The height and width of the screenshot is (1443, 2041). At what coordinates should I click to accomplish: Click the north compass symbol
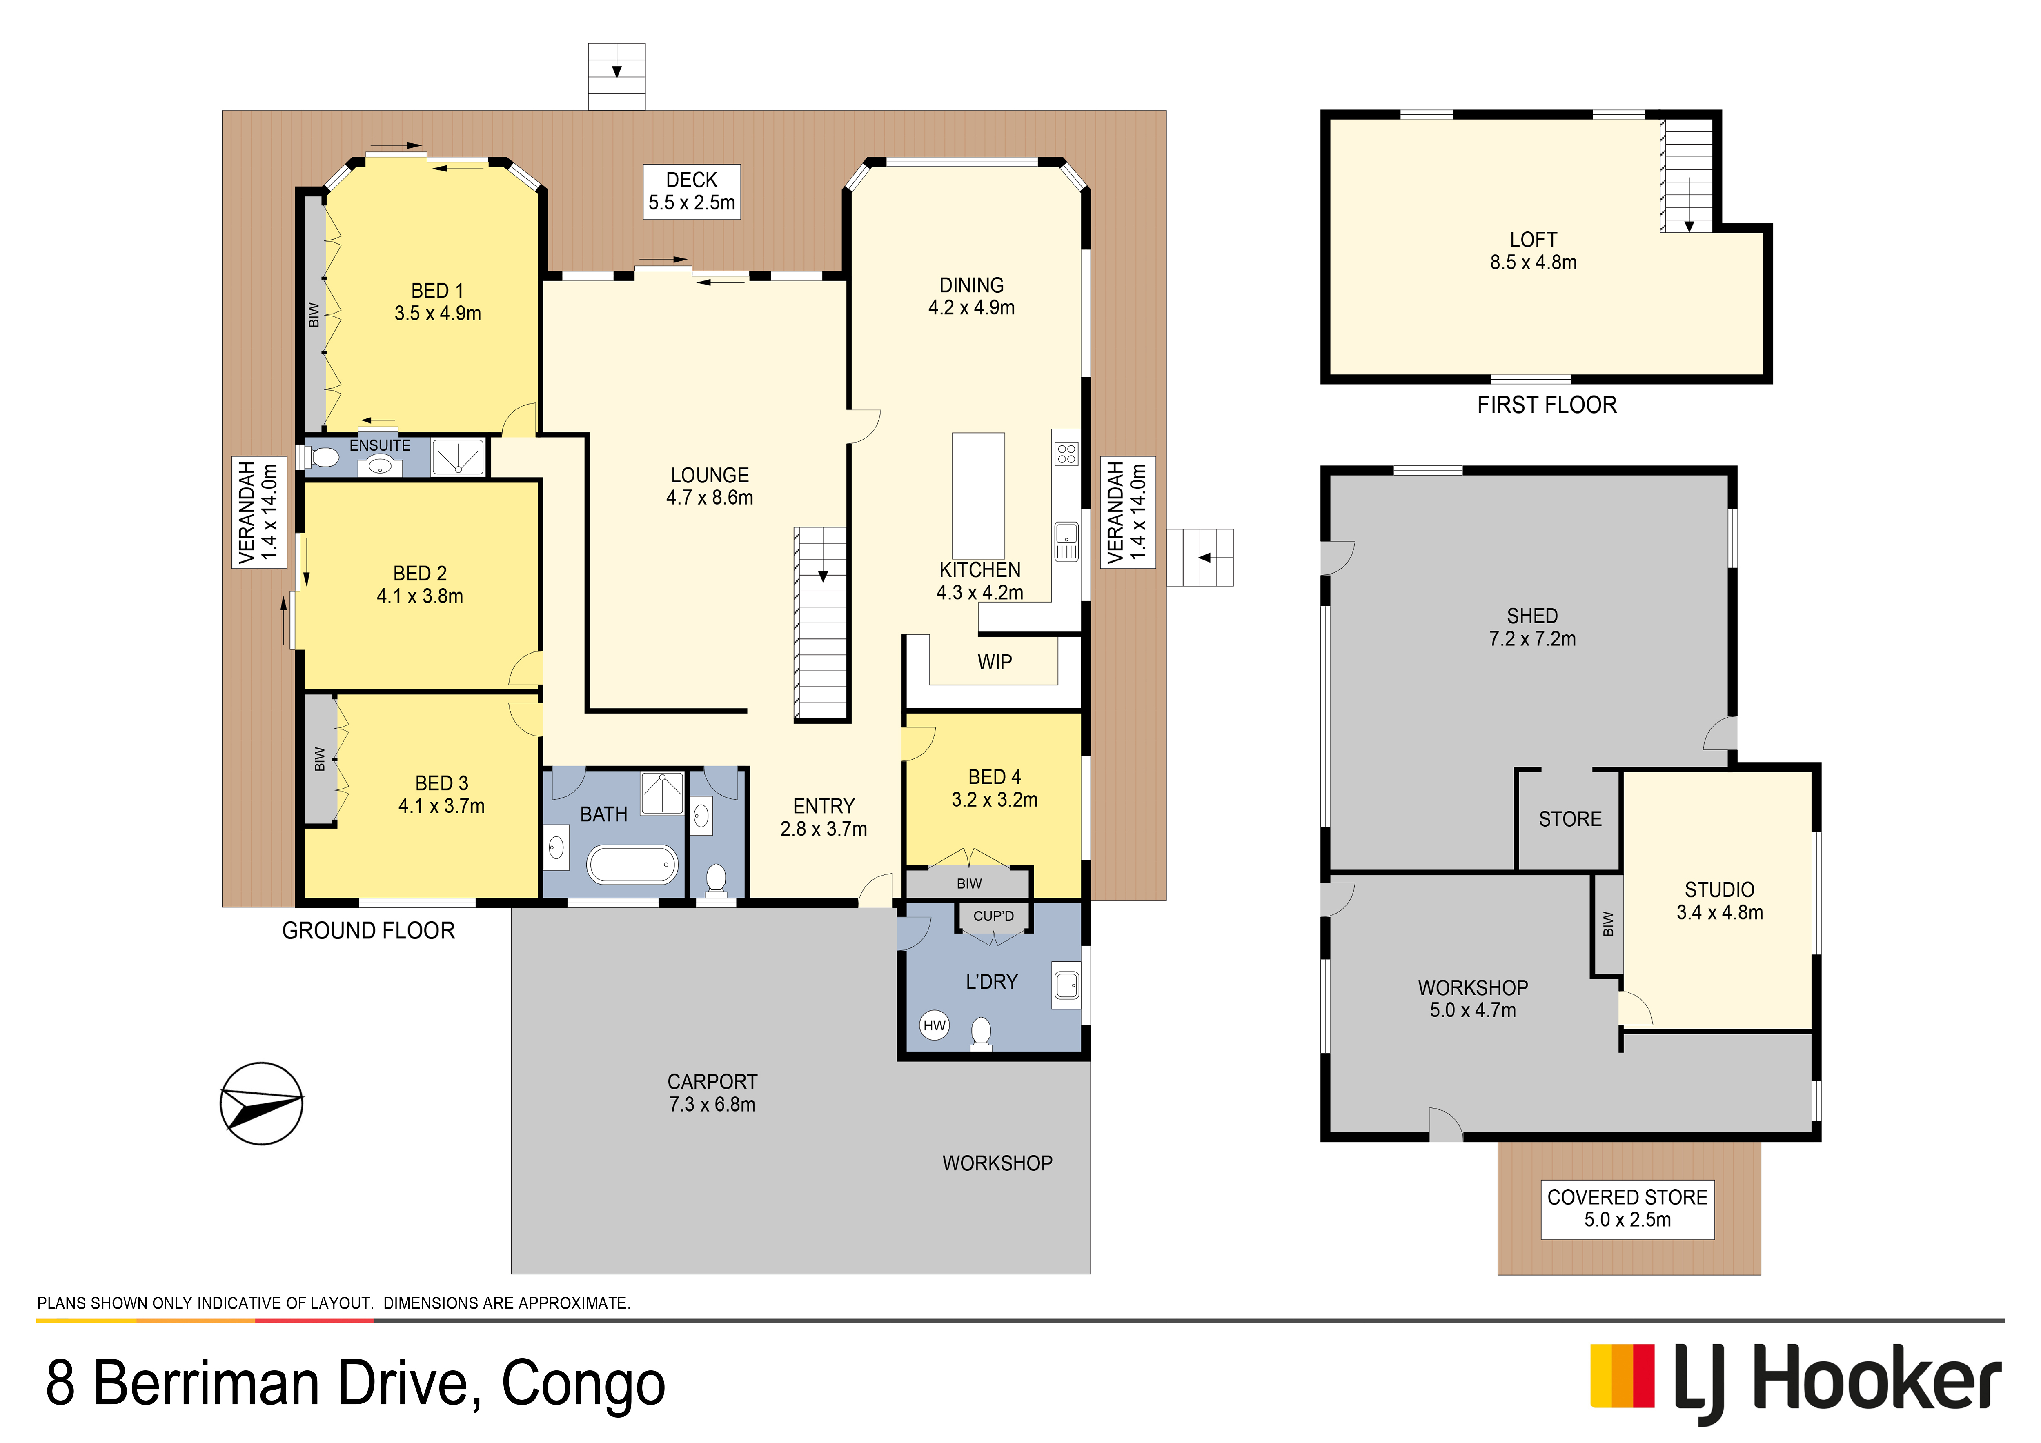(x=261, y=1103)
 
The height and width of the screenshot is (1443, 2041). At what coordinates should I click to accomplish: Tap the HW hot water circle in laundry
(x=934, y=1025)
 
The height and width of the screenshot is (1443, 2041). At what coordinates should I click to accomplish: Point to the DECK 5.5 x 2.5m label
(x=692, y=191)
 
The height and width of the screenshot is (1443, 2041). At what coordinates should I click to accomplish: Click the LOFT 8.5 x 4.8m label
(x=1534, y=251)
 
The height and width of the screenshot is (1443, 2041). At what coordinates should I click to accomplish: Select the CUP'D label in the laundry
(x=993, y=916)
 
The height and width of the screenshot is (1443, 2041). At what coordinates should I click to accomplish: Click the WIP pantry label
(x=995, y=662)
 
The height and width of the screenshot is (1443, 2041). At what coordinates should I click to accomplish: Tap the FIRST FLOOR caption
(x=1547, y=405)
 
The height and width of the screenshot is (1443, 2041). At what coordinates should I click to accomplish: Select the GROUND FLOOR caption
(x=368, y=930)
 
